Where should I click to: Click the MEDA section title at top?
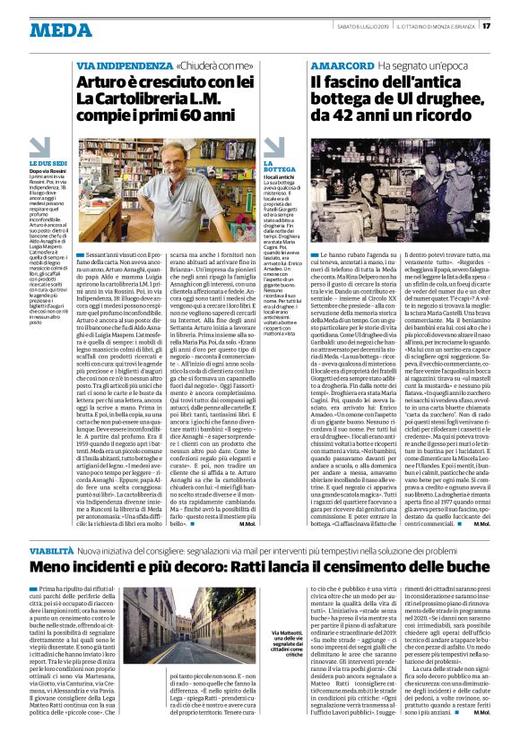pos(60,30)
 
